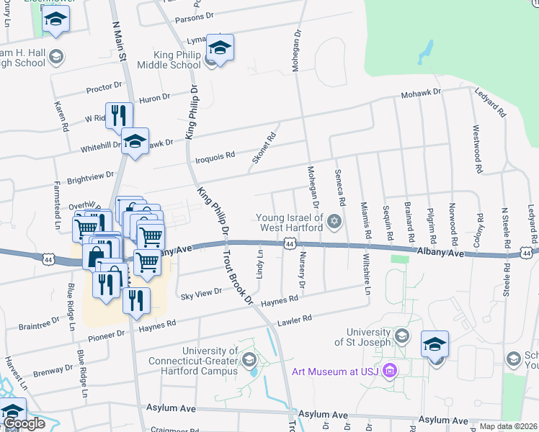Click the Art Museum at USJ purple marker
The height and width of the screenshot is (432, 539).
[390, 372]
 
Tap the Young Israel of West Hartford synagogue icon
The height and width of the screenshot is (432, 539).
[334, 221]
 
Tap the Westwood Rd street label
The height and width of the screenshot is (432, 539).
[476, 149]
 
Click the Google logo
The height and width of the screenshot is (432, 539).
[24, 423]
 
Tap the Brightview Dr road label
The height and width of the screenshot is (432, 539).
[91, 175]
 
